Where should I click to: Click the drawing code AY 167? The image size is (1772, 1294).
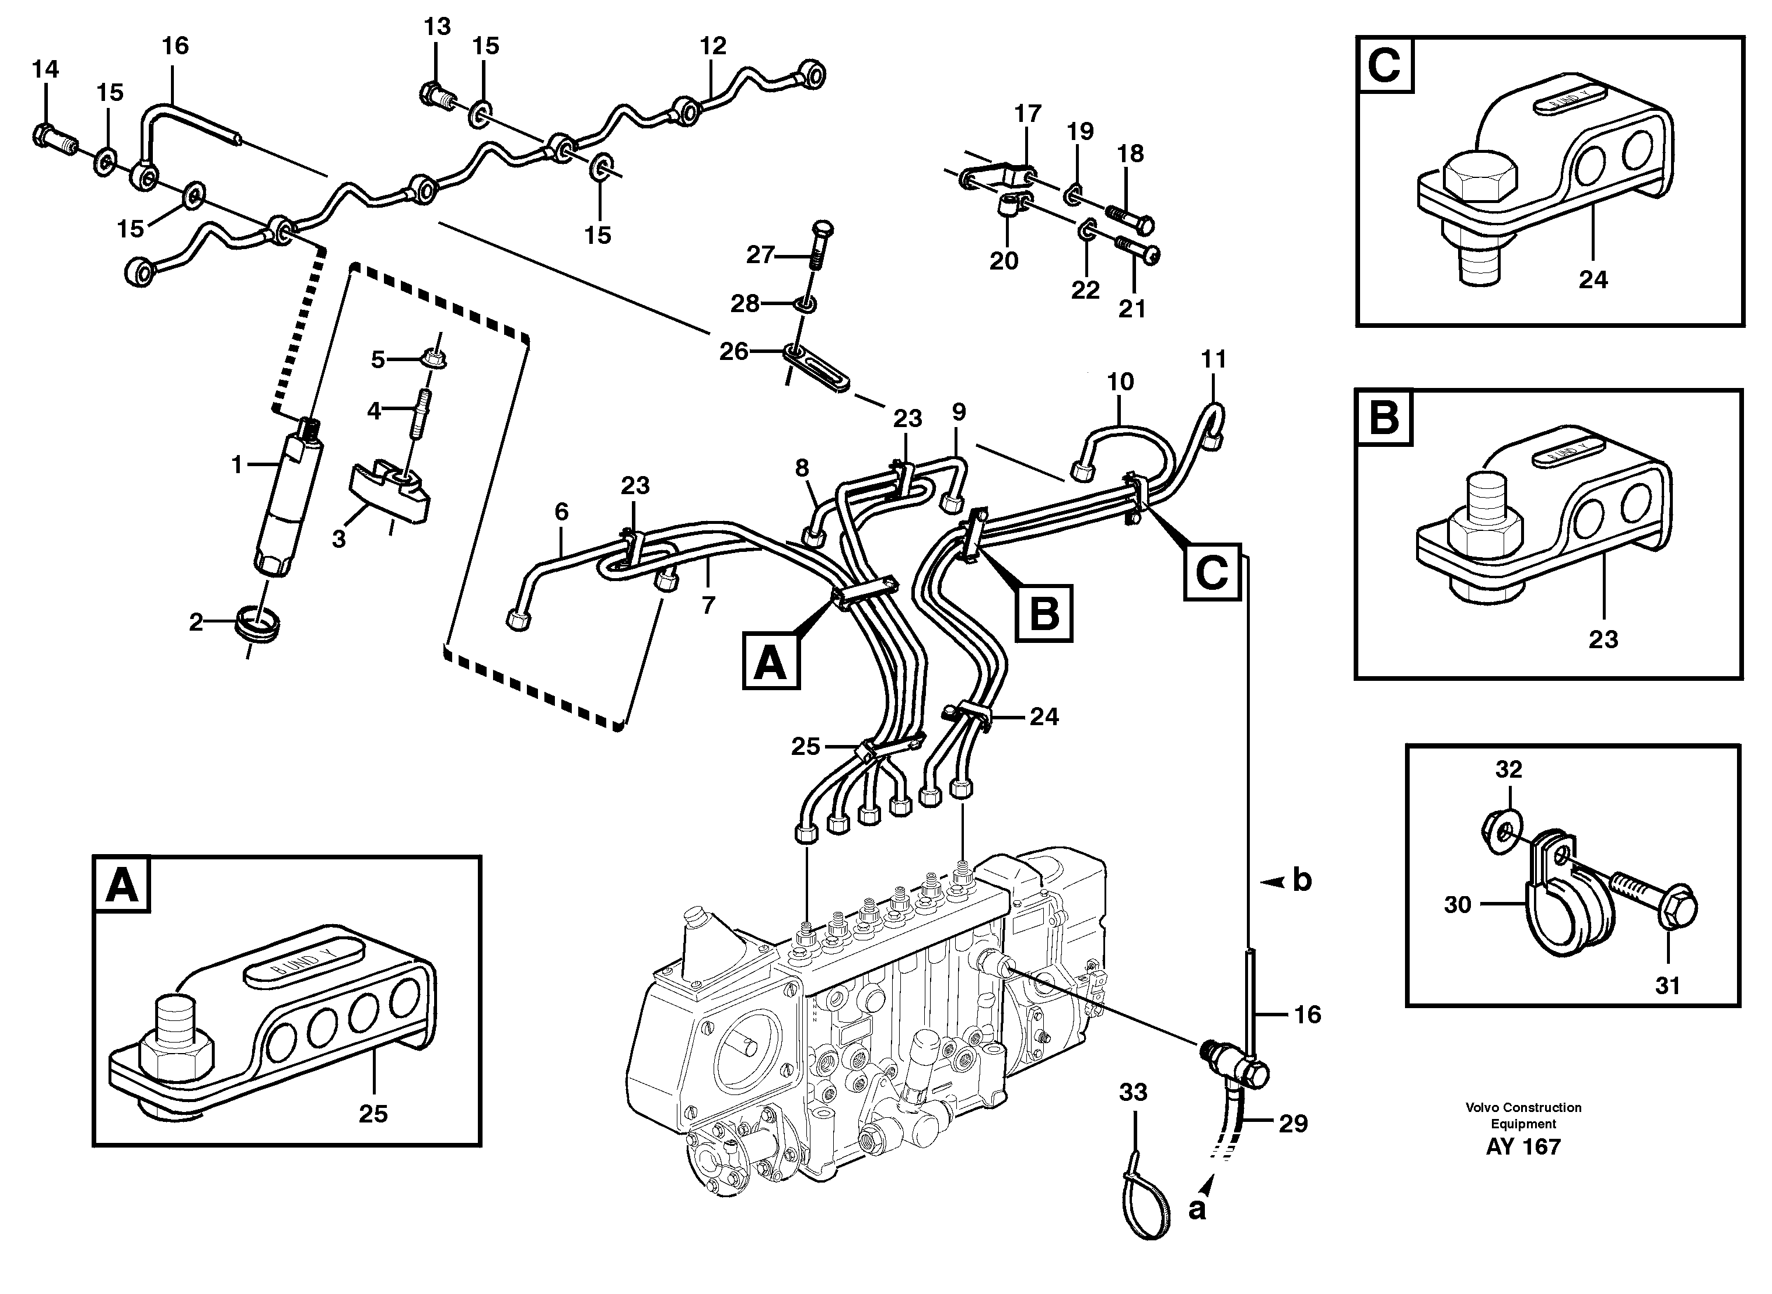point(1523,1148)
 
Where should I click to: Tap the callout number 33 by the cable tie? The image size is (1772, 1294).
point(1133,1092)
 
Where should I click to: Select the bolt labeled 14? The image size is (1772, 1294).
point(53,139)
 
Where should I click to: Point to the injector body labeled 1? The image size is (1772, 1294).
point(286,501)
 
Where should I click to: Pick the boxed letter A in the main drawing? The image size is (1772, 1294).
point(771,663)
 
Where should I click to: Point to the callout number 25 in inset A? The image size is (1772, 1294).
point(373,1113)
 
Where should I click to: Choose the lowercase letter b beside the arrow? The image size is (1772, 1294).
point(1301,880)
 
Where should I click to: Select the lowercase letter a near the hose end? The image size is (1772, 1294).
point(1196,1209)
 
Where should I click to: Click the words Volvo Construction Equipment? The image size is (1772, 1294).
point(1523,1115)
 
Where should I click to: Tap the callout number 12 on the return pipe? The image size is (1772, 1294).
point(713,46)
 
